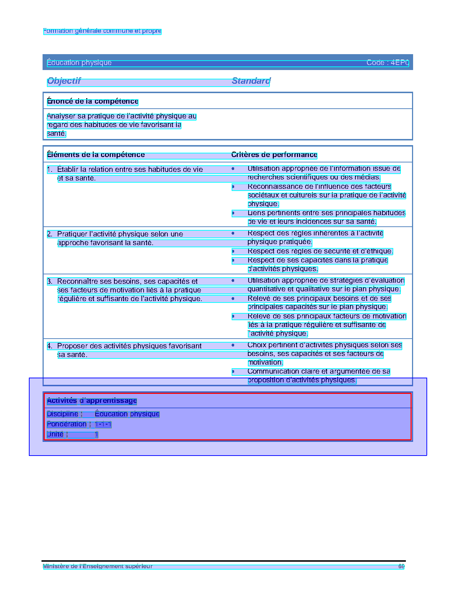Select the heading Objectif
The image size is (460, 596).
[64, 81]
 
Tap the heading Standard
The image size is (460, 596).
[251, 81]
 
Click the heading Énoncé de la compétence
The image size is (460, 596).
[93, 101]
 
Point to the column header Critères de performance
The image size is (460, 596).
[274, 155]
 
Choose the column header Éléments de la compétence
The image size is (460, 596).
[96, 155]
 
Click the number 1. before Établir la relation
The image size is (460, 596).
[50, 169]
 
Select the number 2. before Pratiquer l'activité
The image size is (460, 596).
[50, 234]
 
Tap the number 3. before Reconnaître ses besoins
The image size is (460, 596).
[50, 282]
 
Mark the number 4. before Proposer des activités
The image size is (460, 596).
[50, 346]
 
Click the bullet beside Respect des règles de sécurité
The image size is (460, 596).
[233, 251]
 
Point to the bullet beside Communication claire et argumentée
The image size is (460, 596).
[233, 371]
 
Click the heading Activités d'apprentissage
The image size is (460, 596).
[92, 401]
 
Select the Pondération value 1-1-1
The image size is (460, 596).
[103, 424]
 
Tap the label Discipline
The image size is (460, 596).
[62, 414]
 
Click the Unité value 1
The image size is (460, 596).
[96, 434]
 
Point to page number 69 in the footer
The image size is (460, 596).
[401, 566]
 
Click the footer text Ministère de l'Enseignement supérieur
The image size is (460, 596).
[98, 566]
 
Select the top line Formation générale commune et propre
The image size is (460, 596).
[102, 31]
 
